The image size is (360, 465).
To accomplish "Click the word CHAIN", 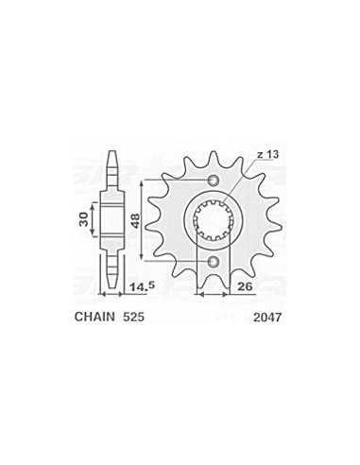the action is [x=94, y=317].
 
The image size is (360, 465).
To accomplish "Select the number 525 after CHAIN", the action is [x=133, y=317].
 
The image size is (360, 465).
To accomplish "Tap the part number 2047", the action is [x=267, y=318].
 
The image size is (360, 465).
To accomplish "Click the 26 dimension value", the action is [x=245, y=286].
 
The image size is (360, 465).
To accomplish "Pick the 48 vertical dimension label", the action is [x=135, y=220].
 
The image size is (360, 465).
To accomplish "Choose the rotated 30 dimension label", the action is [x=83, y=219].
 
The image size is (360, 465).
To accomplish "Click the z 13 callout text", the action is [x=267, y=155].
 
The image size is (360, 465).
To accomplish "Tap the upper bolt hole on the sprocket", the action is [x=214, y=181].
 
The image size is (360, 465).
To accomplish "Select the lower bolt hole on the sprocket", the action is [x=214, y=261].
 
